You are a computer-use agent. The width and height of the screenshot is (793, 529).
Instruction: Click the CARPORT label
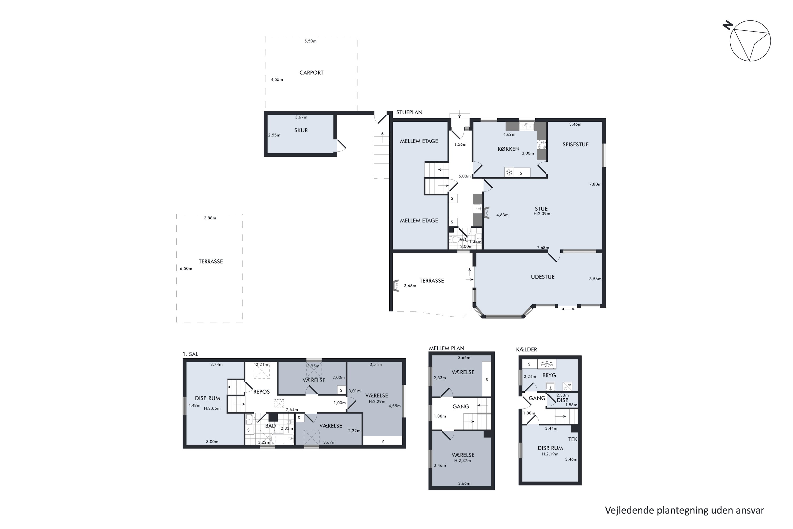click(x=311, y=72)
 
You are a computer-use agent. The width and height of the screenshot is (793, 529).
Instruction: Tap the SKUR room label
click(x=301, y=130)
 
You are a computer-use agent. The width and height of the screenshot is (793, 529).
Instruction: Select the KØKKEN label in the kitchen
click(x=508, y=149)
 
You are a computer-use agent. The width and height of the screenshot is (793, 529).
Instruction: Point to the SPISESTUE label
click(x=575, y=144)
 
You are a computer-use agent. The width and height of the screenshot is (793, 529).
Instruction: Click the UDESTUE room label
click(x=542, y=277)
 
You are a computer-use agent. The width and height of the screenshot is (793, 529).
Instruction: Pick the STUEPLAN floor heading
click(x=409, y=112)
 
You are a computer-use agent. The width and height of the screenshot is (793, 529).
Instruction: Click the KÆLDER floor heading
click(x=526, y=349)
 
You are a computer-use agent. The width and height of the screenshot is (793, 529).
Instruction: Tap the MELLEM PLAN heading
click(x=446, y=348)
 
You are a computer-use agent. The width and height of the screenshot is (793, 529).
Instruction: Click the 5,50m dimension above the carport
click(x=310, y=41)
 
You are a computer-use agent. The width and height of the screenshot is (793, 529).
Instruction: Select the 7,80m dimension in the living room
click(x=595, y=184)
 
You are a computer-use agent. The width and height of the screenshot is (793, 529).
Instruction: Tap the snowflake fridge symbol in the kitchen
click(x=509, y=173)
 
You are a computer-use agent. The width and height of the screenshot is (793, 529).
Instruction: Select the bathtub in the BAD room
click(x=282, y=439)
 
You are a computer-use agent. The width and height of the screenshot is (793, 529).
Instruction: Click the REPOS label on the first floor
click(x=261, y=392)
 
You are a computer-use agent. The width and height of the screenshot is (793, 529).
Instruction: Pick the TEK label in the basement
click(x=573, y=439)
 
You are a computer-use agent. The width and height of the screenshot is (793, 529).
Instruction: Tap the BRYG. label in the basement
click(x=550, y=375)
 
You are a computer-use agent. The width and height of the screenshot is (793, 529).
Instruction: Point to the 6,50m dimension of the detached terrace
click(x=186, y=268)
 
